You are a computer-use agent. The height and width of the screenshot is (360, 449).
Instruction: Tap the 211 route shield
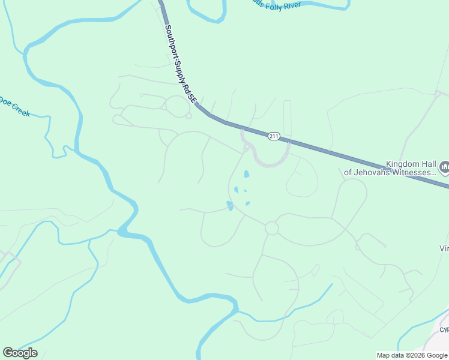274,136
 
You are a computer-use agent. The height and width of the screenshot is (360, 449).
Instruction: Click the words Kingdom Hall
411,164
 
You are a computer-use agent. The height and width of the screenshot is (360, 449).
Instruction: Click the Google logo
20,353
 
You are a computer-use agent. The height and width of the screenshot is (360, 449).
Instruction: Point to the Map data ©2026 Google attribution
412,355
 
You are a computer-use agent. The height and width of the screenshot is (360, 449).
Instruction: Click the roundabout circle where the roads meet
271,228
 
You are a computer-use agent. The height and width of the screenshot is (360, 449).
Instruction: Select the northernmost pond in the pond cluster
246,175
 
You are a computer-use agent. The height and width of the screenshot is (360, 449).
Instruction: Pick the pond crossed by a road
230,206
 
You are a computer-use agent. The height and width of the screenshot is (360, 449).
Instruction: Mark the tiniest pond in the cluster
245,191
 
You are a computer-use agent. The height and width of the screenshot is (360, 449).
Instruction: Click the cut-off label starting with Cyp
444,329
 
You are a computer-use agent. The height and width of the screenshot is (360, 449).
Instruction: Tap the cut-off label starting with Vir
444,248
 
